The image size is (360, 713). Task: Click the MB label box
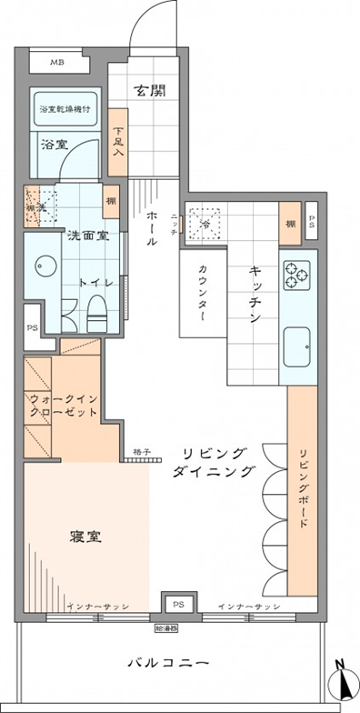click(57, 62)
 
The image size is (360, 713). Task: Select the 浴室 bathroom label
click(54, 144)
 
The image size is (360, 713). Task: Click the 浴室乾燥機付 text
click(65, 109)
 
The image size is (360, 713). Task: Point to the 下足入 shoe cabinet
click(118, 142)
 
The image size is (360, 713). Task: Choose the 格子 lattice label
click(138, 452)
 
